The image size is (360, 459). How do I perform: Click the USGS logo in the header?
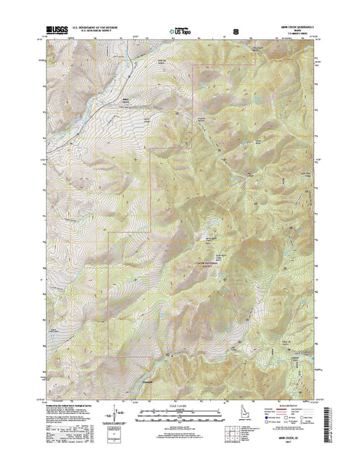tap(57, 31)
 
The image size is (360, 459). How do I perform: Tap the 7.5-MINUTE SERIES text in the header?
tap(295, 35)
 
